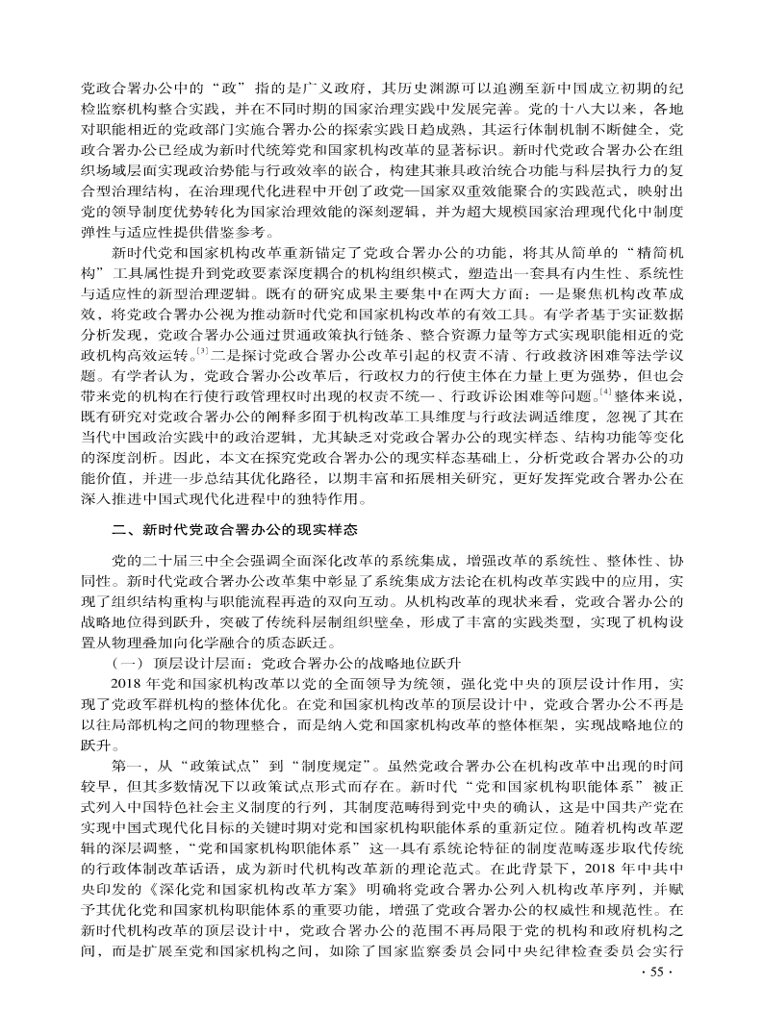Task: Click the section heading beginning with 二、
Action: [x=236, y=529]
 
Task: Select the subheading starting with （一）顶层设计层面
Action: [x=289, y=665]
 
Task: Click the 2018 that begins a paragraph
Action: [x=128, y=685]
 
